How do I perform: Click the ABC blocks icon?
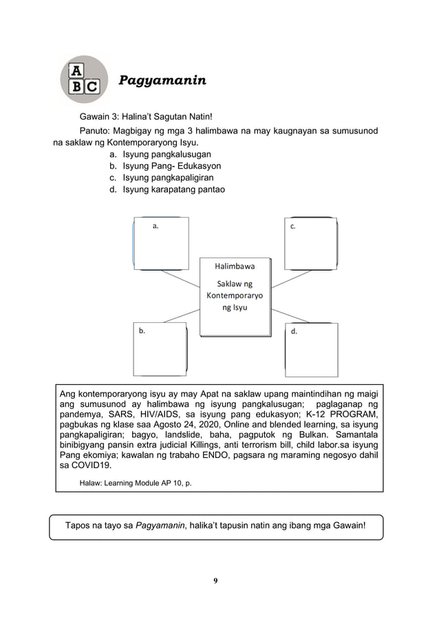(84, 80)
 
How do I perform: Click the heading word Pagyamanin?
(162, 81)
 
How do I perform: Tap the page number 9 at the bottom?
(215, 580)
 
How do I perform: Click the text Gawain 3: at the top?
(100, 117)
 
